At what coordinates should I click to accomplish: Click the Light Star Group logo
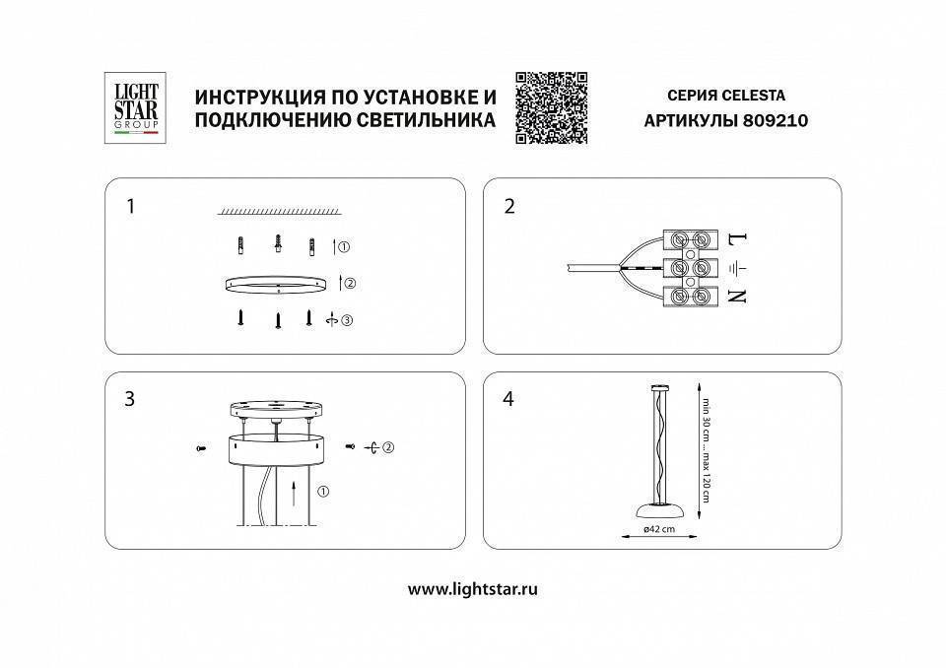click(131, 108)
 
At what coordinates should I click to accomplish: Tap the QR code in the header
click(551, 108)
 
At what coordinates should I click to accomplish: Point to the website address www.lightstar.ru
click(472, 588)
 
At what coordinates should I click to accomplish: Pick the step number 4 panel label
click(509, 399)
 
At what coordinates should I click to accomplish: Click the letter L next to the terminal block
click(738, 238)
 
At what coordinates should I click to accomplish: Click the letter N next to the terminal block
click(738, 296)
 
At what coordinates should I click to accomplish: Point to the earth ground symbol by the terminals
click(738, 267)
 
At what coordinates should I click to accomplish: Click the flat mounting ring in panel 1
click(278, 284)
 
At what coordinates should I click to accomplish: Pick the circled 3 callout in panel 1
click(346, 319)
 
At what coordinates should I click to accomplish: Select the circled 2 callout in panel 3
click(388, 448)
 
